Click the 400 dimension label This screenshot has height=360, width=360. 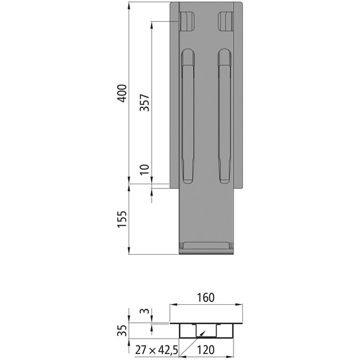tap(120, 94)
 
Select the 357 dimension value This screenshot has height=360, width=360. tap(144, 104)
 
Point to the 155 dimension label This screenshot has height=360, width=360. tap(120, 218)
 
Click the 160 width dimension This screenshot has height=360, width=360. tap(205, 297)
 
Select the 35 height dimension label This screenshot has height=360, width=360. tap(120, 330)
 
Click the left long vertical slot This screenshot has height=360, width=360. tap(189, 116)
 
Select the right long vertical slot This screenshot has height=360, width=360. tap(223, 116)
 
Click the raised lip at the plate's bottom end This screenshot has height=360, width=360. tap(206, 247)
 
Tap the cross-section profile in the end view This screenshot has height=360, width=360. tap(206, 329)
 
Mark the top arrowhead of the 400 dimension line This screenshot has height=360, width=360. tap(128, 6)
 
